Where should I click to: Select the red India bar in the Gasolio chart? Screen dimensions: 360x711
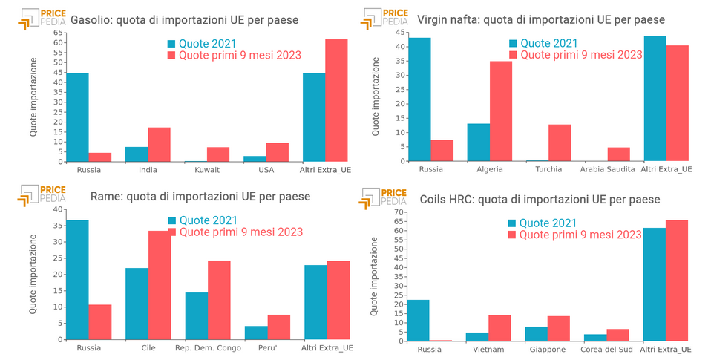pyautogui.click(x=159, y=145)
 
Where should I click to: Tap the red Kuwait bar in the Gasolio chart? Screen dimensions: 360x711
pyautogui.click(x=218, y=154)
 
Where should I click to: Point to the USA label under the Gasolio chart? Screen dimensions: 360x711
pyautogui.click(x=266, y=170)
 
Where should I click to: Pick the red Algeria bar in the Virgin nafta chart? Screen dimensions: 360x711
pyautogui.click(x=501, y=111)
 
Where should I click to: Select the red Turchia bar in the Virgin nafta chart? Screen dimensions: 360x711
pyautogui.click(x=560, y=143)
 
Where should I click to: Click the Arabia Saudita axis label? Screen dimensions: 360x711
pyautogui.click(x=607, y=169)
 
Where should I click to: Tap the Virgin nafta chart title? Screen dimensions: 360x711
pyautogui.click(x=541, y=20)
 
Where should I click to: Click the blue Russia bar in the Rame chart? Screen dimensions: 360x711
pyautogui.click(x=77, y=280)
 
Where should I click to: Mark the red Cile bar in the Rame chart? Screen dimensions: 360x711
pyautogui.click(x=160, y=285)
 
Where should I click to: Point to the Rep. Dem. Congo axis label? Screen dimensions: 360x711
pyautogui.click(x=207, y=347)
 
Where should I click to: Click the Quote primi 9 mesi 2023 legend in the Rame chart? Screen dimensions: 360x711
pyautogui.click(x=240, y=232)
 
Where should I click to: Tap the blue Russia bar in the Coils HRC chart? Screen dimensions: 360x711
pyautogui.click(x=418, y=321)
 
